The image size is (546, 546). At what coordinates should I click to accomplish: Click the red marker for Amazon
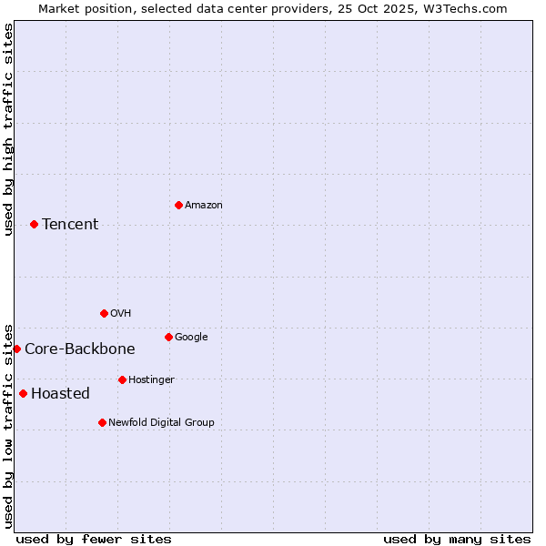178,205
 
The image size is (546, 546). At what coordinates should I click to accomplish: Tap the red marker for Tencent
34,224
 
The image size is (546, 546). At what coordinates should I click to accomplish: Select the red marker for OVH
104,313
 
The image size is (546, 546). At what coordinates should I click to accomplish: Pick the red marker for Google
168,337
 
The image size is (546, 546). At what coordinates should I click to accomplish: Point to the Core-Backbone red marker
16,349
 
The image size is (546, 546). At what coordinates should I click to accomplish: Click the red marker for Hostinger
122,379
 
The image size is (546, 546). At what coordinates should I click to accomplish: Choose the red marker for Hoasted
23,393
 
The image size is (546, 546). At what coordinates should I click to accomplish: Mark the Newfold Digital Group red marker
102,422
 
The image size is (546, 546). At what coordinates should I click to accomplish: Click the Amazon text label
204,206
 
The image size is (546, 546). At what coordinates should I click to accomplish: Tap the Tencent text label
70,225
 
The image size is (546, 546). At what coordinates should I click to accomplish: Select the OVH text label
121,314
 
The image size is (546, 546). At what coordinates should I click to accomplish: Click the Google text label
191,338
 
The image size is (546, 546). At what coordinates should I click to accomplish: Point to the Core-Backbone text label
80,349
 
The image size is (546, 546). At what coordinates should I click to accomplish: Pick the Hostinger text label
151,380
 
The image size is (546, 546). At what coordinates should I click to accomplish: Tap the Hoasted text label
60,394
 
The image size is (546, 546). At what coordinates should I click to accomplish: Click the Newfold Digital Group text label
161,423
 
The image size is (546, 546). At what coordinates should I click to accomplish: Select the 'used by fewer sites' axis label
94,539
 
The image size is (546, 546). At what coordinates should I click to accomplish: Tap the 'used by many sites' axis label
457,539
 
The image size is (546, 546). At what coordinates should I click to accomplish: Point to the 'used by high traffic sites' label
9,129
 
